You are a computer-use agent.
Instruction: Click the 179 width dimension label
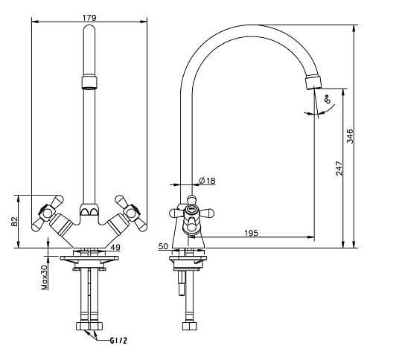pyautogui.click(x=89, y=18)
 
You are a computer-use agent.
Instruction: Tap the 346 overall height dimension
pyautogui.click(x=350, y=136)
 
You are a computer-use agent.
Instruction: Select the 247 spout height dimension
pyautogui.click(x=339, y=168)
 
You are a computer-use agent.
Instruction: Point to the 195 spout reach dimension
pyautogui.click(x=252, y=233)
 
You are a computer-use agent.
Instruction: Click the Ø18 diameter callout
pyautogui.click(x=207, y=181)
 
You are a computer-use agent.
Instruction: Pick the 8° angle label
pyautogui.click(x=328, y=99)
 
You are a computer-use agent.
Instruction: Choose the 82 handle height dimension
pyautogui.click(x=14, y=222)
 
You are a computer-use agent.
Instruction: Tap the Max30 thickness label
pyautogui.click(x=45, y=277)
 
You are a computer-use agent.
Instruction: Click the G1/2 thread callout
pyautogui.click(x=118, y=341)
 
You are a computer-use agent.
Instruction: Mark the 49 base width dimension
pyautogui.click(x=115, y=247)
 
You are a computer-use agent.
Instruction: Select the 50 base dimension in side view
pyautogui.click(x=163, y=246)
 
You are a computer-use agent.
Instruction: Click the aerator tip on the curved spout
pyautogui.click(x=313, y=81)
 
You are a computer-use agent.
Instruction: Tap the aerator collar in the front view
pyautogui.click(x=89, y=82)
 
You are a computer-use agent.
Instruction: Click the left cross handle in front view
pyautogui.click(x=47, y=213)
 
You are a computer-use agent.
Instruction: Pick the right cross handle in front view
pyautogui.click(x=131, y=213)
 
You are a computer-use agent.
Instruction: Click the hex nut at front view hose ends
pyautogui.click(x=89, y=326)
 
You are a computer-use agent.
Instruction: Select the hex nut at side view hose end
pyautogui.click(x=190, y=326)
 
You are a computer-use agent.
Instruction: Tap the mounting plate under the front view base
pyautogui.click(x=89, y=258)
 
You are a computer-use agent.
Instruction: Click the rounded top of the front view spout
pyautogui.click(x=89, y=29)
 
